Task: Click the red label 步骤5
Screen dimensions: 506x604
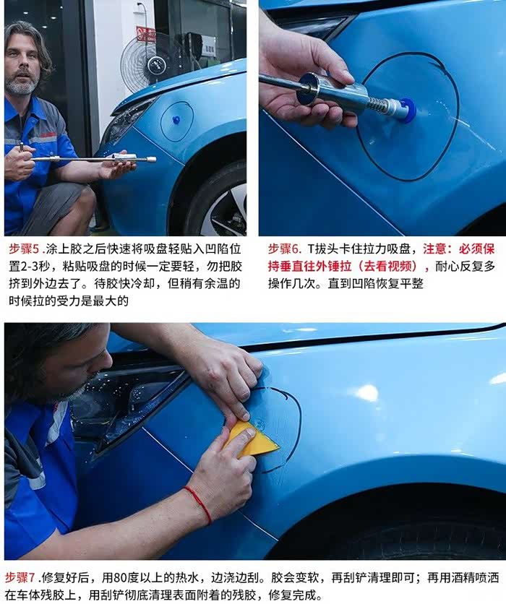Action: coord(24,249)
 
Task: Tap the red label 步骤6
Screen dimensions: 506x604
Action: coord(283,249)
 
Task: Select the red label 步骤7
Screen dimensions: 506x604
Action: coord(20,577)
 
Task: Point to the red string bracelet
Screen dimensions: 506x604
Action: coord(200,504)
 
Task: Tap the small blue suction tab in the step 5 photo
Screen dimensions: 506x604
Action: coord(177,120)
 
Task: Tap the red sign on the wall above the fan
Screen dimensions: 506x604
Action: coord(146,33)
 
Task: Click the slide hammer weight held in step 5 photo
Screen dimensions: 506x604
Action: coord(124,158)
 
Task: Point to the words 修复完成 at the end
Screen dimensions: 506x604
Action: coord(294,595)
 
